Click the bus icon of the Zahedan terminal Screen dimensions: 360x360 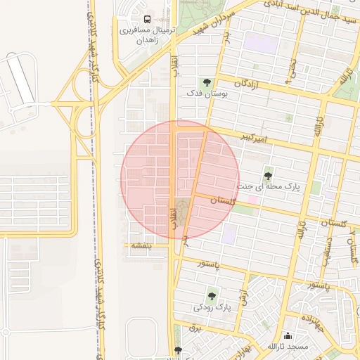point(147,19)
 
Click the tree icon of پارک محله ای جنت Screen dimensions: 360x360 point(267,176)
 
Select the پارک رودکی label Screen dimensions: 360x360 point(212,307)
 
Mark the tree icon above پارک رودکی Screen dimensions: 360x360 point(212,297)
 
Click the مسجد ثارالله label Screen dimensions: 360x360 point(288,347)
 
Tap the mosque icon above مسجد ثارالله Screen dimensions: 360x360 point(288,336)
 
